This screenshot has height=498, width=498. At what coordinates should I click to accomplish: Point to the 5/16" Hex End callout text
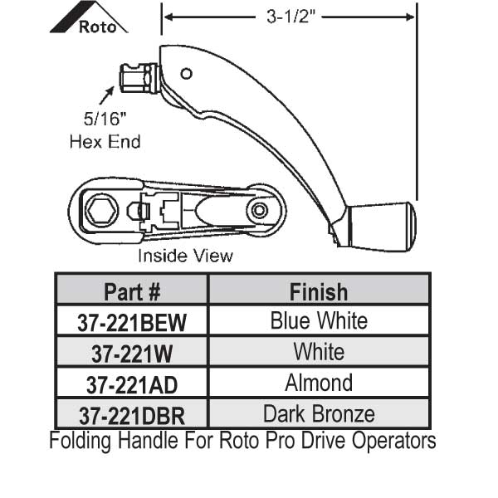click(x=104, y=131)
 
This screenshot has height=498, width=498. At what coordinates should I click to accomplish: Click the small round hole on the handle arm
click(x=187, y=73)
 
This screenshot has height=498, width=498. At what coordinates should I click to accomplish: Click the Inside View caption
click(x=185, y=256)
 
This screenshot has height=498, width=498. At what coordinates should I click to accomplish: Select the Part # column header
click(x=131, y=291)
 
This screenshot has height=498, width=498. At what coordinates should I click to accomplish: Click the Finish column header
click(x=319, y=291)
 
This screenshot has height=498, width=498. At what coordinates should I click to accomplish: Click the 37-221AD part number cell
click(x=131, y=384)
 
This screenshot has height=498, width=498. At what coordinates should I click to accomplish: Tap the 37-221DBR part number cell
click(x=131, y=413)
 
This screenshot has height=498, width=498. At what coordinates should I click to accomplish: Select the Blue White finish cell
click(x=319, y=320)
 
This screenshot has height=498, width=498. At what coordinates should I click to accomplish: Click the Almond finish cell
click(x=319, y=383)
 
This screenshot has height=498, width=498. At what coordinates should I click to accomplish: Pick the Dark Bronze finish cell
click(x=319, y=413)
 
